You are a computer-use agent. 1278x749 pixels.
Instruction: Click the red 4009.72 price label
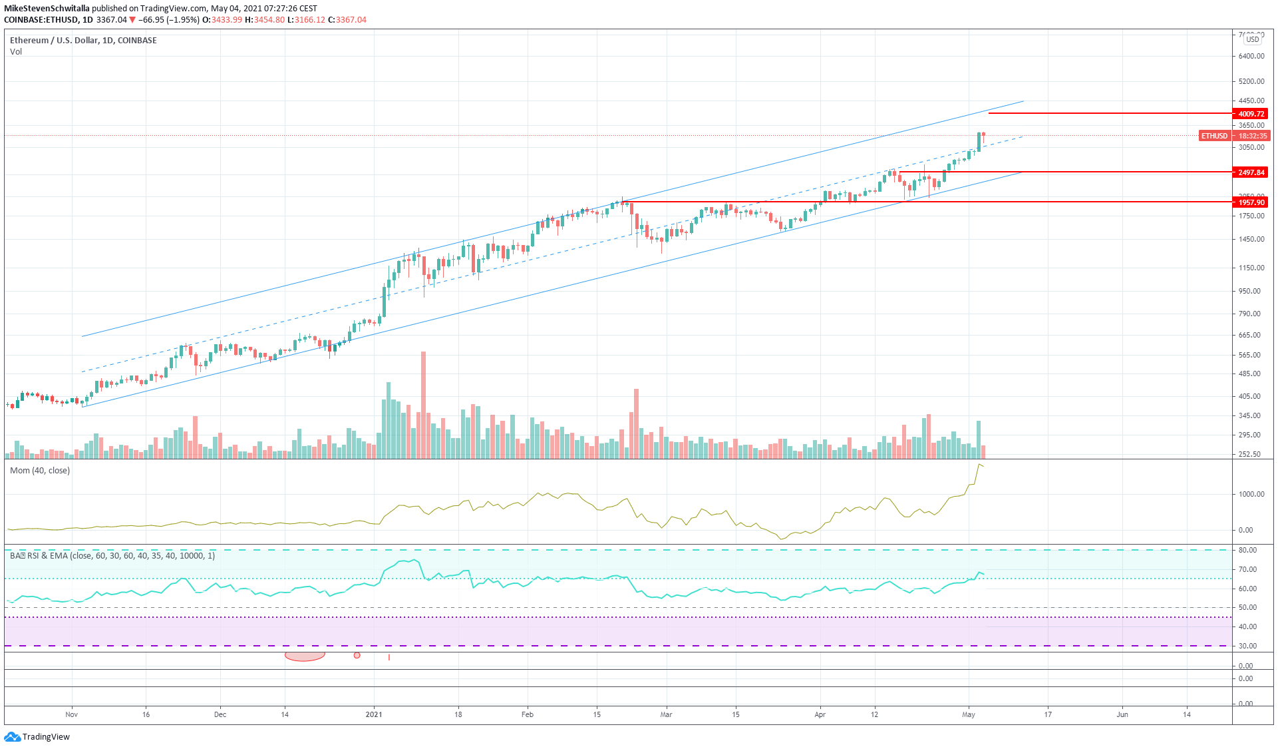pos(1250,114)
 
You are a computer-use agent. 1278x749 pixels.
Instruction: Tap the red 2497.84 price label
pos(1250,172)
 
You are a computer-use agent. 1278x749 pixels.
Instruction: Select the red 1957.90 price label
pos(1250,202)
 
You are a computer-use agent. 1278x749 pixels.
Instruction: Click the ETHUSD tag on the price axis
pos(1214,136)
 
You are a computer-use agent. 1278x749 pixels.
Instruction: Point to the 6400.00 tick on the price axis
pos(1251,56)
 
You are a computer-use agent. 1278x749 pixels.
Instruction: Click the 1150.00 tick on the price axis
pos(1251,268)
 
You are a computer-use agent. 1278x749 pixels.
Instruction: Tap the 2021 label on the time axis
pos(374,714)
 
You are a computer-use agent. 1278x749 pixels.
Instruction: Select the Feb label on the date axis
pos(528,714)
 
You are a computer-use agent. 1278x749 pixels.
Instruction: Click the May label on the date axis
pos(969,714)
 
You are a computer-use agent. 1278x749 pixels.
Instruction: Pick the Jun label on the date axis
pos(1122,714)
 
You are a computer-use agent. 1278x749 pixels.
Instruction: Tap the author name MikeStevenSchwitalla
pos(47,9)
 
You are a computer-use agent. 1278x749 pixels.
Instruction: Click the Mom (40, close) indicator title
pos(40,471)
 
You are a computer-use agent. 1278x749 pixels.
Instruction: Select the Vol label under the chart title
pos(16,52)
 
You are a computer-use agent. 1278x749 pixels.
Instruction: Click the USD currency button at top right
pos(1253,39)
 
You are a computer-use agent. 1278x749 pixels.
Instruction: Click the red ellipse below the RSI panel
pos(305,656)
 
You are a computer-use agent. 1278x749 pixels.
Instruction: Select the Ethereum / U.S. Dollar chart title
pos(83,41)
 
